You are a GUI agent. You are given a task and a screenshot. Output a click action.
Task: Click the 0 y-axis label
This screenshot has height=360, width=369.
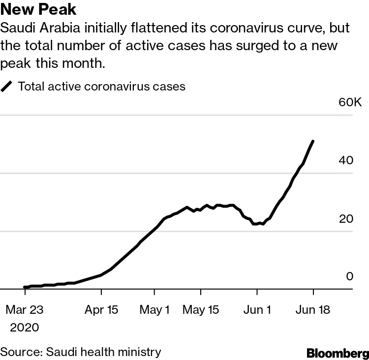[x=349, y=277]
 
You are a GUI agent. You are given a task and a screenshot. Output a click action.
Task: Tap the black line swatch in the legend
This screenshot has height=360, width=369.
[x=7, y=87]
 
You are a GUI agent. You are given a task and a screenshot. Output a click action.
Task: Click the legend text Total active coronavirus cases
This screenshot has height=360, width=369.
[x=101, y=87]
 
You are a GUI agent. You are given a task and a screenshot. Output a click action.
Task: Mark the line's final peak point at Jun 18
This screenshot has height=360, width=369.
[x=313, y=141]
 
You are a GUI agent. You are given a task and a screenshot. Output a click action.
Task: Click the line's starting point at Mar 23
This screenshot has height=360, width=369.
[x=25, y=287]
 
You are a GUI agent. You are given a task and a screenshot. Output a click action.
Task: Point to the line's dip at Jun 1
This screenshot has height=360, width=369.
[x=257, y=224]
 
